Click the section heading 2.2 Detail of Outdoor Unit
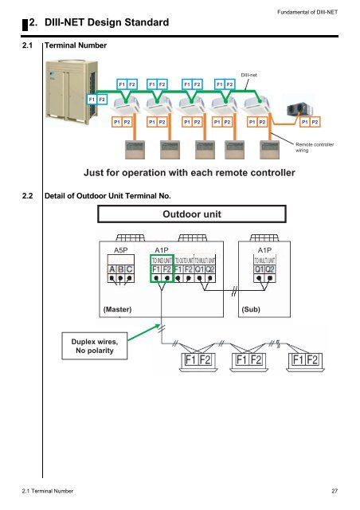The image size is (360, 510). (x=108, y=195)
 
